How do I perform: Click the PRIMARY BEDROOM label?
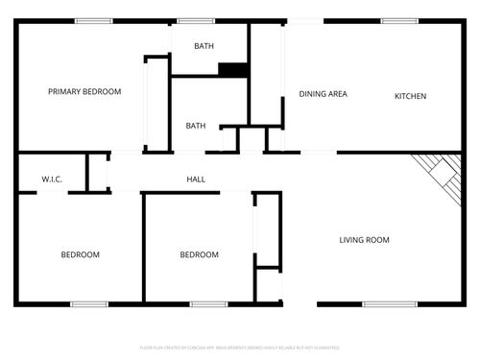[x=84, y=92]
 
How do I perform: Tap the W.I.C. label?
[x=52, y=180]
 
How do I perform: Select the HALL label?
[x=195, y=180]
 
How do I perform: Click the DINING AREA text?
[x=323, y=94]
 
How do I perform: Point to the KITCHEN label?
[x=410, y=96]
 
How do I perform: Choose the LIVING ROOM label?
[x=364, y=240]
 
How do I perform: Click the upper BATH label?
[x=204, y=46]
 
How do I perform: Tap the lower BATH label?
[x=195, y=126]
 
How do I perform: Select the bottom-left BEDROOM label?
[x=80, y=254]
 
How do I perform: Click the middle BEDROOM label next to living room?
[x=199, y=254]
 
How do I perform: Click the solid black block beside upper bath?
[x=232, y=69]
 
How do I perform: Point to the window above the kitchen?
[x=399, y=20]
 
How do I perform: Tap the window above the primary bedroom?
[x=93, y=20]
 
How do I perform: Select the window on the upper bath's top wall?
[x=196, y=20]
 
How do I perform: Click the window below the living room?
[x=389, y=304]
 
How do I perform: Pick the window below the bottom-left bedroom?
[x=88, y=304]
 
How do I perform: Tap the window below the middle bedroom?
[x=207, y=304]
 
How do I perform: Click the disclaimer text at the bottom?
[x=239, y=348]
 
